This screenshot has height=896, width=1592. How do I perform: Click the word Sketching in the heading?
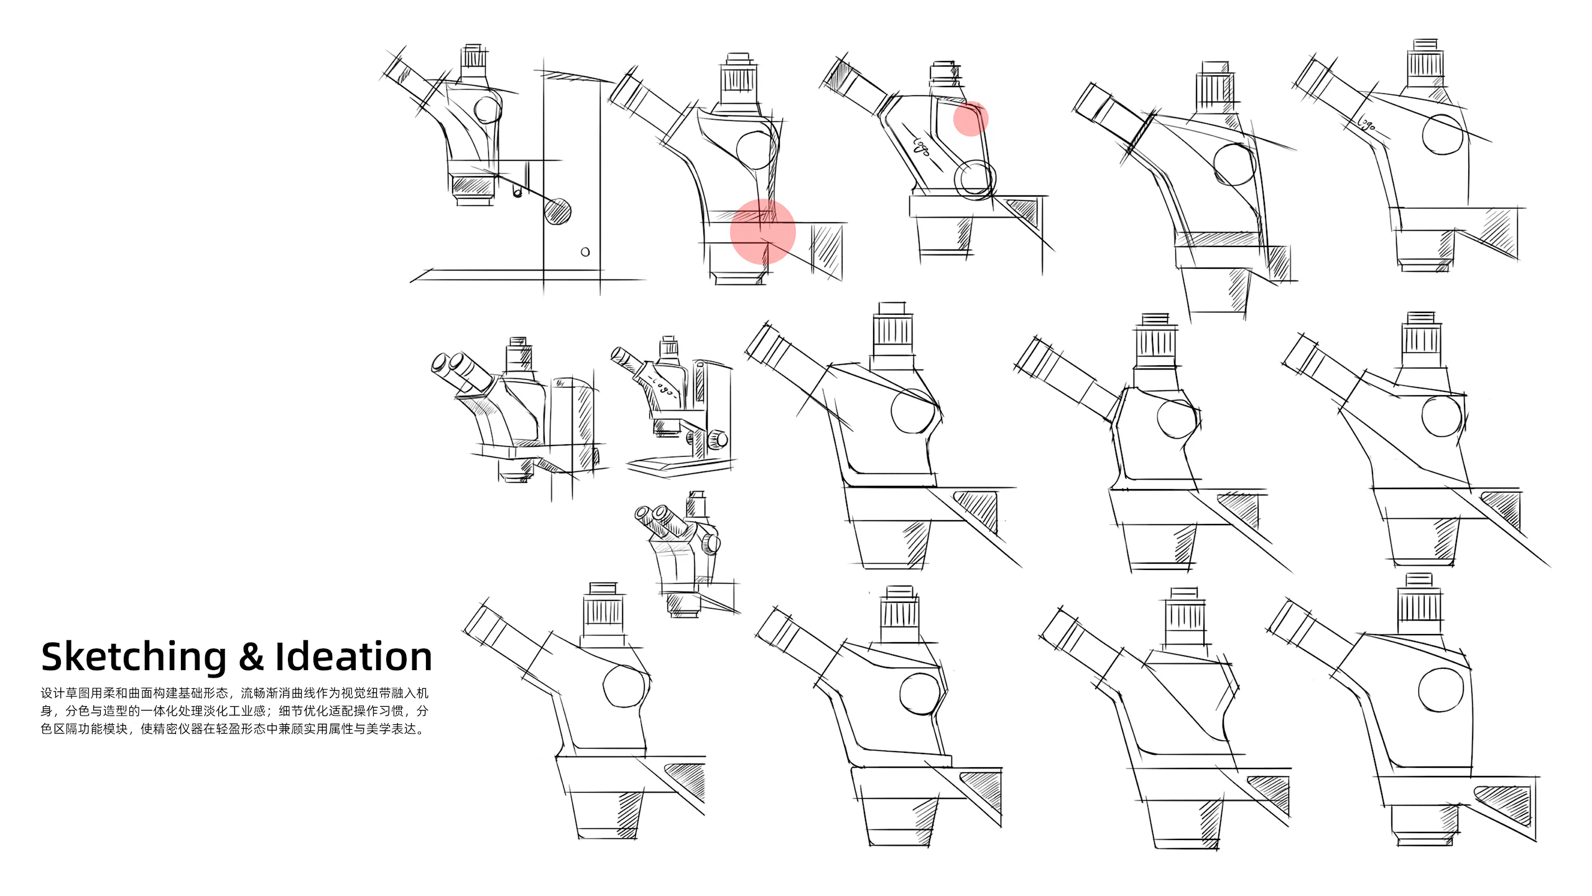[x=134, y=657]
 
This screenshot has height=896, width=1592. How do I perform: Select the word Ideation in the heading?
[x=353, y=656]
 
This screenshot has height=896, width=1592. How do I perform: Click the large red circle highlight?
[x=763, y=231]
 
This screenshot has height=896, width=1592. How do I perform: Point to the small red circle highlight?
[x=971, y=119]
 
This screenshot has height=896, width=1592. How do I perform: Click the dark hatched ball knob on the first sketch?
[x=557, y=211]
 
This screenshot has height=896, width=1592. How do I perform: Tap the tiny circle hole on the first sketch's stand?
[x=585, y=252]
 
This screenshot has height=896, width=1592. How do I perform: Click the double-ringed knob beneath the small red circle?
[x=975, y=179]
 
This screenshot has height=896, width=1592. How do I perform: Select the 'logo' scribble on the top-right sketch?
[x=1365, y=124]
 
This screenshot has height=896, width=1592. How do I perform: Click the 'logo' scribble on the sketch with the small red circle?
[x=921, y=147]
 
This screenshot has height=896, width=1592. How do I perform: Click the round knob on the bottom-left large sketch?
[x=625, y=686]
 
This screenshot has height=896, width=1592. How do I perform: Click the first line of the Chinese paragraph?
[x=234, y=693]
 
